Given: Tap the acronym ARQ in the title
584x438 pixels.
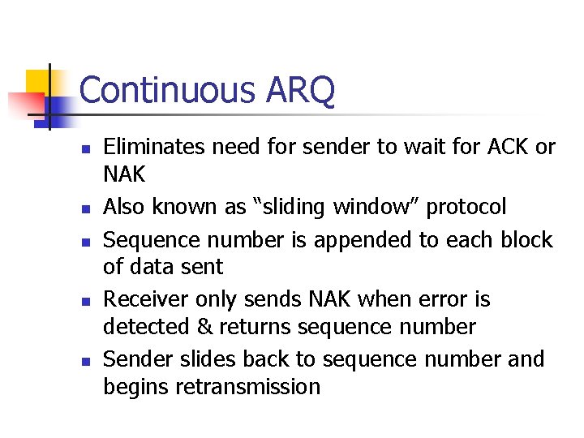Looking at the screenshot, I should (299, 90).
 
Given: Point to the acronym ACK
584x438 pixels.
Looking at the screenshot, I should (508, 147).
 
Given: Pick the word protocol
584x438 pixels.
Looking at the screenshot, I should (466, 207).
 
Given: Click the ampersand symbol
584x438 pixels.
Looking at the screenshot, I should (201, 327).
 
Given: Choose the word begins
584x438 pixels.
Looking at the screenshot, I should (132, 387).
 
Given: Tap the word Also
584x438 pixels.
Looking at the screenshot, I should (125, 207).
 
